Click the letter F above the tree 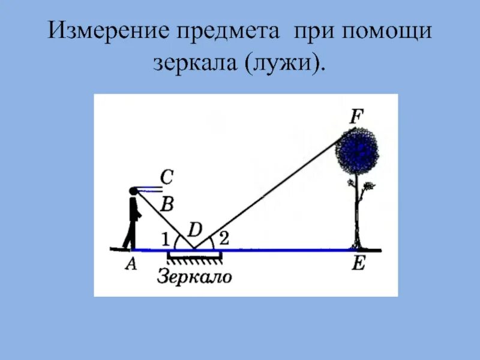(x=356, y=116)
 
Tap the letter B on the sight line (x=167, y=205)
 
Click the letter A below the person (x=131, y=265)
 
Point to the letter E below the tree (x=358, y=265)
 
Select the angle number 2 (x=223, y=238)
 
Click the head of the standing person (x=133, y=191)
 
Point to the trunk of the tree (x=358, y=210)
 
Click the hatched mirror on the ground (x=195, y=257)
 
